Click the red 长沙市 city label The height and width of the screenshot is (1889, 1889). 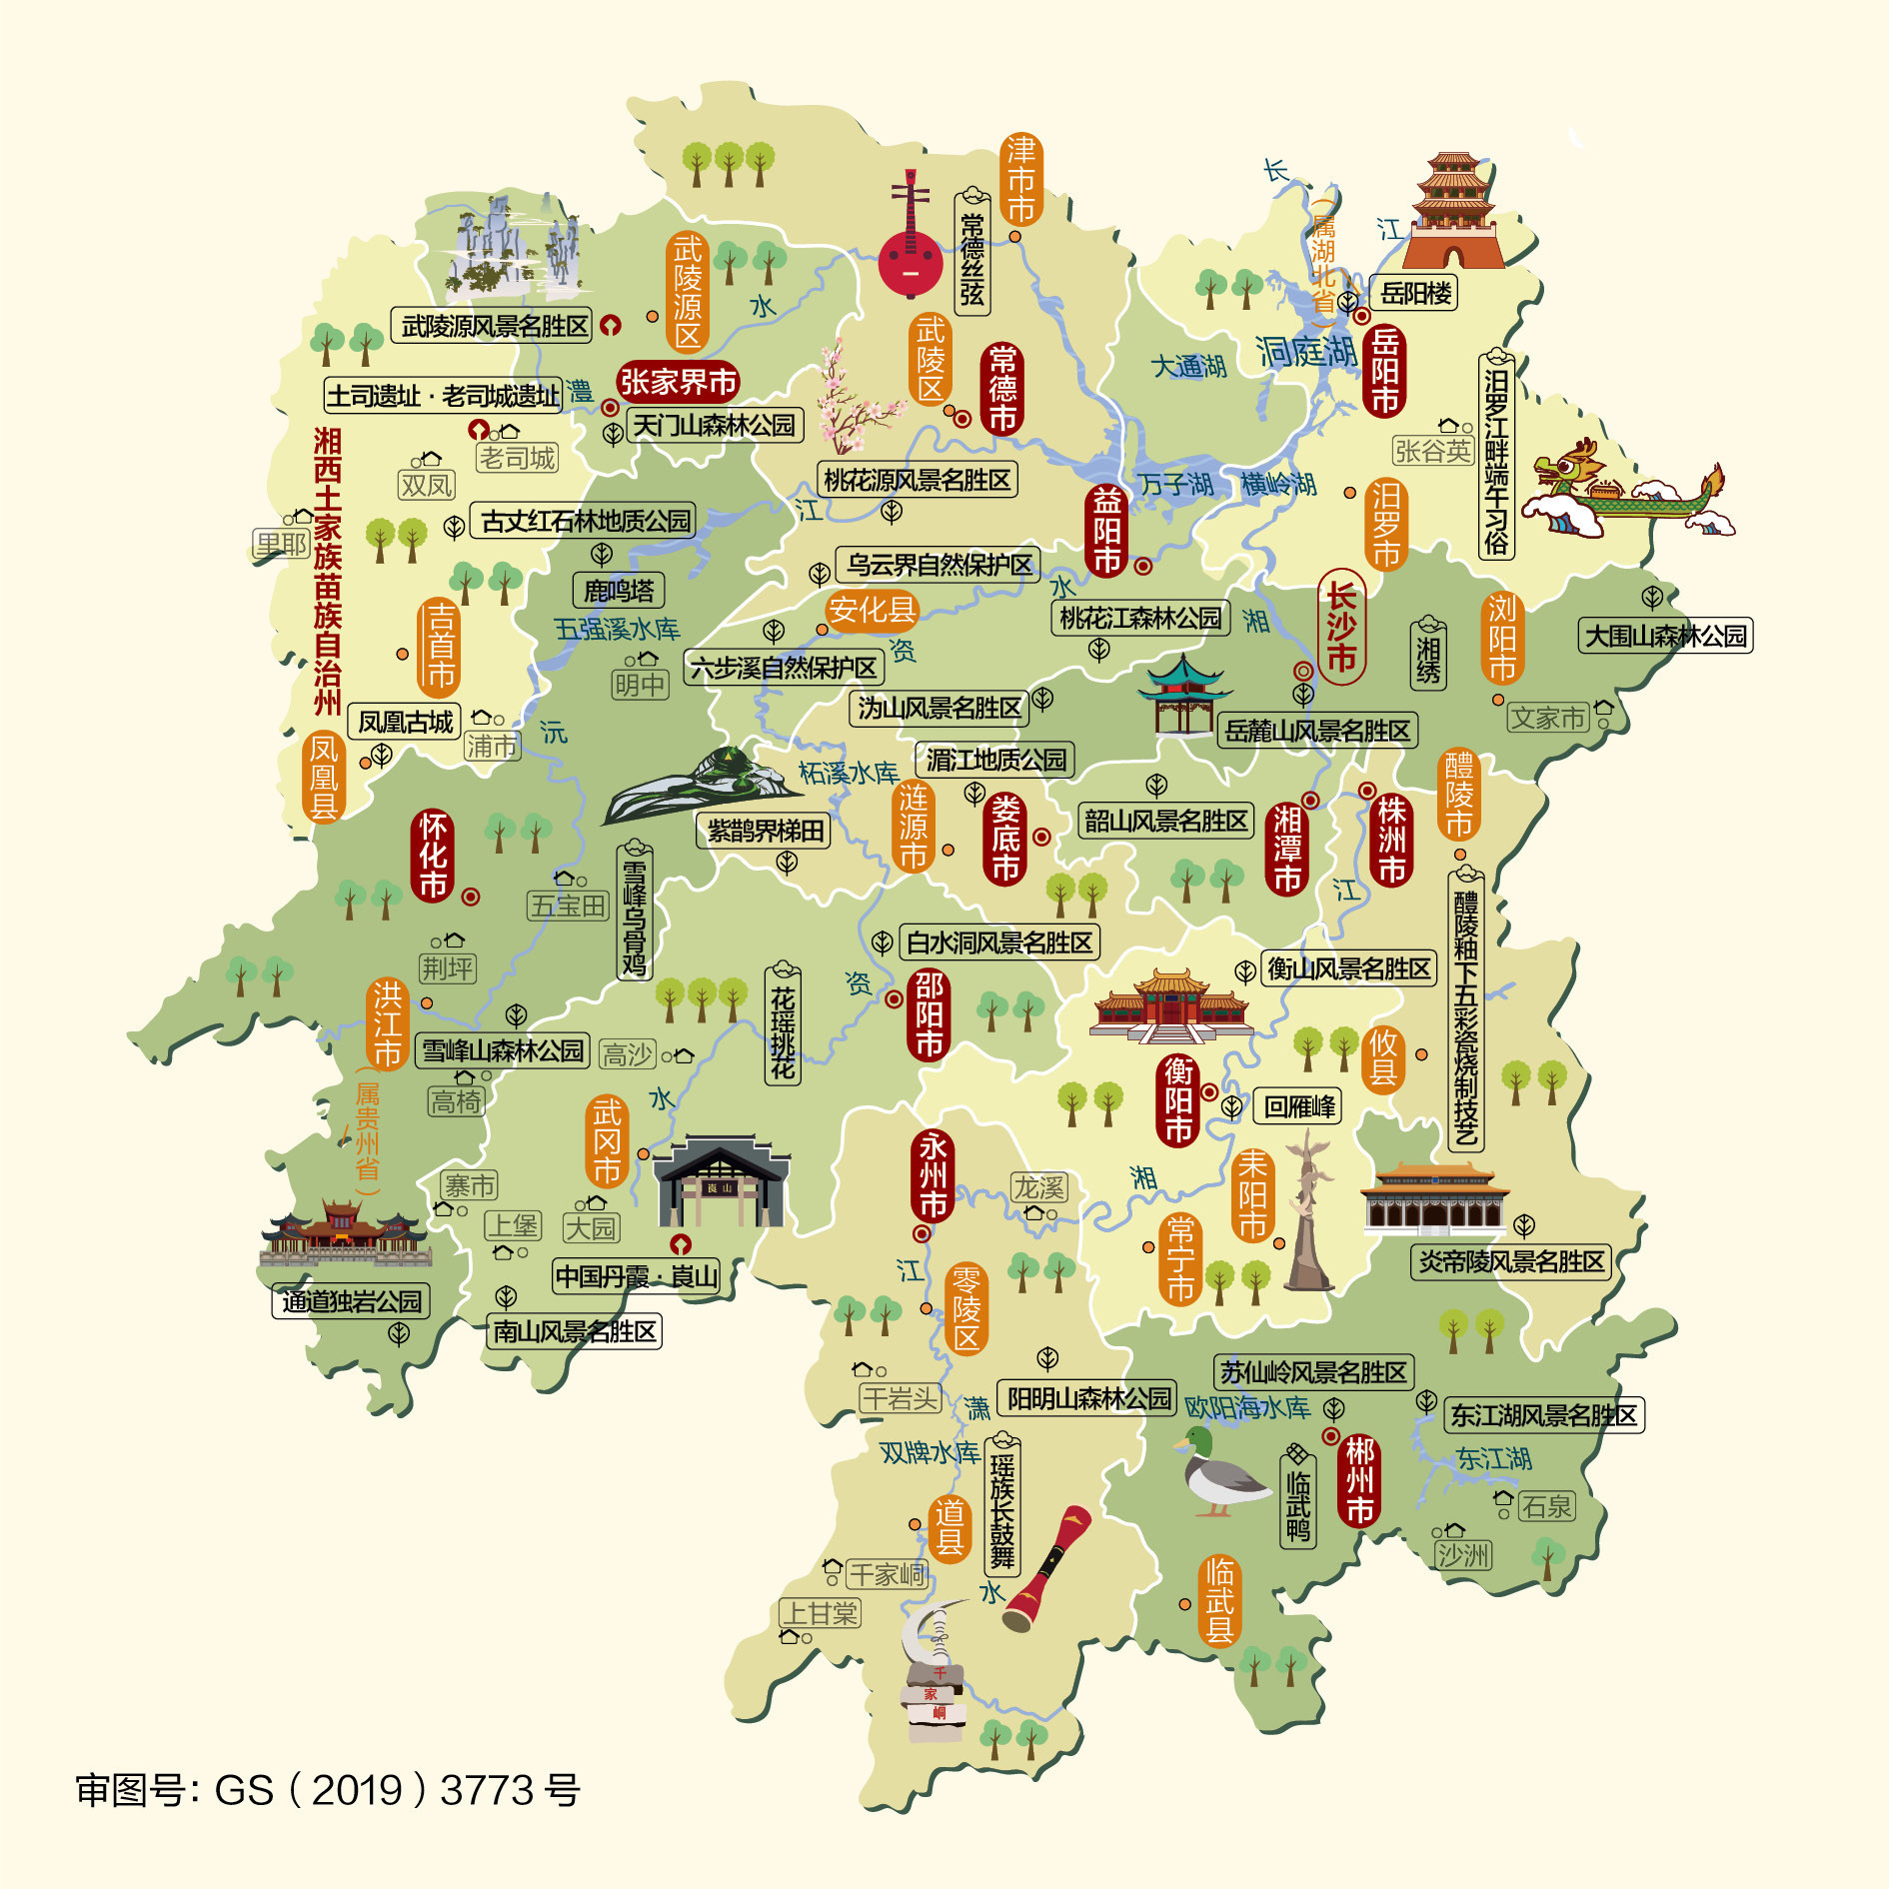[x=1340, y=627]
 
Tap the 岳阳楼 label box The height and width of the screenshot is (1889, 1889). [x=1414, y=294]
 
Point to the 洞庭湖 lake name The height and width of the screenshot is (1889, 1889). [x=1306, y=352]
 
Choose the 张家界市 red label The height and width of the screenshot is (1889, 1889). [x=678, y=382]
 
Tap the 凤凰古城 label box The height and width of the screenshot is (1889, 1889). [x=406, y=722]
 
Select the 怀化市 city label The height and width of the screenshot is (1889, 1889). [x=433, y=857]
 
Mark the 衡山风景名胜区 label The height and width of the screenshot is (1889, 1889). [x=1348, y=968]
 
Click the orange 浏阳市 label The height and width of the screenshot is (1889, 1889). [x=1501, y=638]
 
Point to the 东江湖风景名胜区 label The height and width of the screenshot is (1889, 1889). [x=1543, y=1415]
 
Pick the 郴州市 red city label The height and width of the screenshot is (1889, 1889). [x=1359, y=1480]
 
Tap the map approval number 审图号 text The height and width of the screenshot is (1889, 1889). [x=328, y=1790]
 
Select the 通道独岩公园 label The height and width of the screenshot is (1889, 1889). [x=351, y=1301]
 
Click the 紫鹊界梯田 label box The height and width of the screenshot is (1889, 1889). [x=765, y=831]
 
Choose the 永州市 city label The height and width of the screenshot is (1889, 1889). [x=933, y=1175]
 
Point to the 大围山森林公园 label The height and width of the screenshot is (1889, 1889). [x=1665, y=636]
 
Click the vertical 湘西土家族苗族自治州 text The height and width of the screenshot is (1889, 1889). [x=327, y=571]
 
